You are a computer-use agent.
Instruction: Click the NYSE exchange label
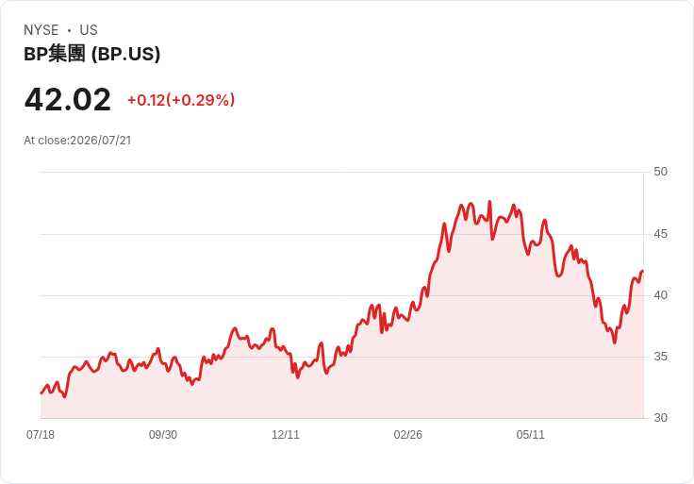tap(41, 30)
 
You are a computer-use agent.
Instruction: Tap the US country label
tap(89, 30)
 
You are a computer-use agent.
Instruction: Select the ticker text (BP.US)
tap(125, 54)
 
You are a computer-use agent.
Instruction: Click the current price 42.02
tap(67, 100)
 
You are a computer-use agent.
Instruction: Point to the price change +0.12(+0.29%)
tap(181, 100)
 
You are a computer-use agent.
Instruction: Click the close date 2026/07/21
tap(101, 141)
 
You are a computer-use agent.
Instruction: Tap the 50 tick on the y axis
tap(660, 172)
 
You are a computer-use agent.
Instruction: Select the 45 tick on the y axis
tap(660, 234)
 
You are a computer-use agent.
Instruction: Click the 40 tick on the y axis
tap(660, 295)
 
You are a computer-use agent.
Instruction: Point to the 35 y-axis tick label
tap(660, 357)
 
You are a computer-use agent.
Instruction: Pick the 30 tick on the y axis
tap(660, 418)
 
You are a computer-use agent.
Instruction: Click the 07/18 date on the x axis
tap(41, 435)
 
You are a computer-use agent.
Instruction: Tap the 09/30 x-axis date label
tap(163, 435)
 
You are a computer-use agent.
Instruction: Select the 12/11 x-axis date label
tap(286, 435)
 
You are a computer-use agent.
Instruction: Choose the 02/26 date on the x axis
tap(407, 435)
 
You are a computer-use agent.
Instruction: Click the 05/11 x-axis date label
tap(530, 435)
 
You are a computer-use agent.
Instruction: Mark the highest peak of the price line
tap(489, 202)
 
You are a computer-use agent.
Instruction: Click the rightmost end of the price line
tap(643, 271)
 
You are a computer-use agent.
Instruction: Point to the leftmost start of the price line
tap(41, 392)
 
